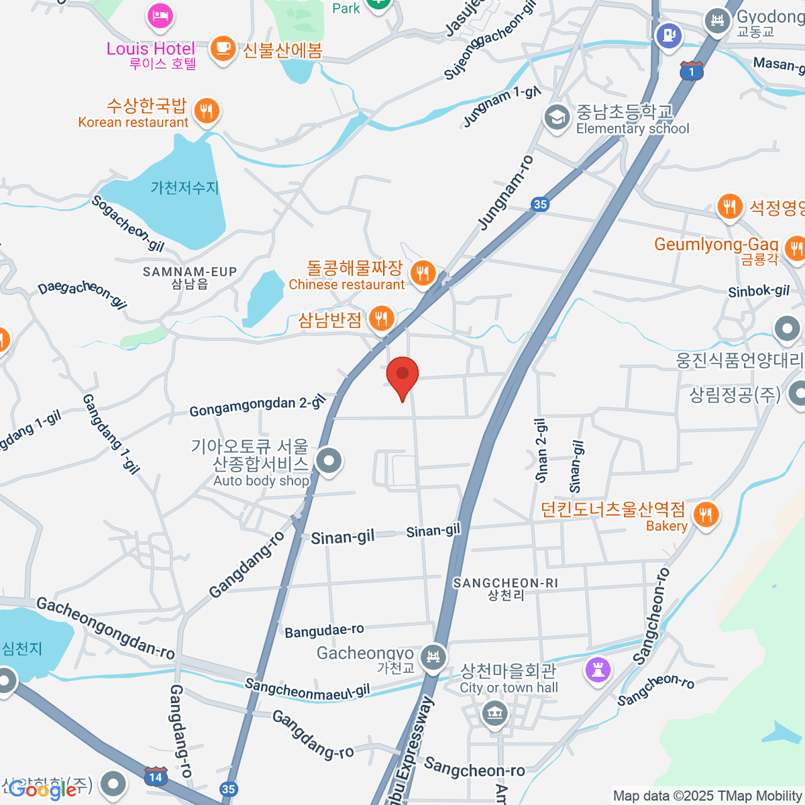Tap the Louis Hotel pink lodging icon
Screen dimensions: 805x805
point(160,16)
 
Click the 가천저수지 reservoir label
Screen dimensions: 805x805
point(184,188)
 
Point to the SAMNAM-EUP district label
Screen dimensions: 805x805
point(190,272)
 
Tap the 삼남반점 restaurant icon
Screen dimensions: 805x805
point(381,319)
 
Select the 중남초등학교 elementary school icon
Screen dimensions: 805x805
point(557,118)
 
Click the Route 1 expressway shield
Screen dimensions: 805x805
point(691,70)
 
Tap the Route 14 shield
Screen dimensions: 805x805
point(156,777)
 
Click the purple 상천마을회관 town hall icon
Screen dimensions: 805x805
point(598,669)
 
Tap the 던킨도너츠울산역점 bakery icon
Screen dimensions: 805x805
point(705,515)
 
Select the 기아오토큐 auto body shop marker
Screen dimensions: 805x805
point(329,462)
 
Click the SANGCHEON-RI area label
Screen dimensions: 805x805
point(505,583)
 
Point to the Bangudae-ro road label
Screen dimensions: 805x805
point(324,631)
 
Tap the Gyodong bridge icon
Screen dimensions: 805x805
point(717,21)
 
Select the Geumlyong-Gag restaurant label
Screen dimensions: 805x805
point(716,244)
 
